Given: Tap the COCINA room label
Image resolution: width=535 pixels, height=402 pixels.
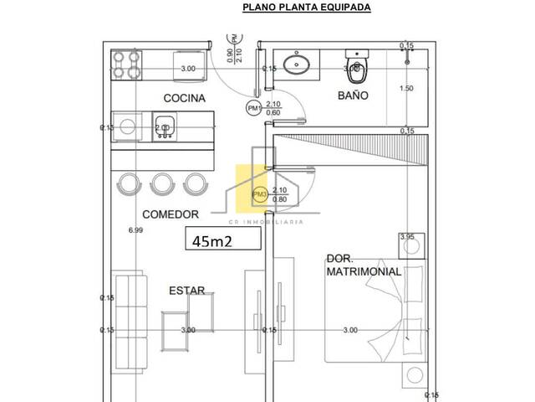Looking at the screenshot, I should click(x=184, y=98).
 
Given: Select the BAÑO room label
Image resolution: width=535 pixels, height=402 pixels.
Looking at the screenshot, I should click(x=354, y=95).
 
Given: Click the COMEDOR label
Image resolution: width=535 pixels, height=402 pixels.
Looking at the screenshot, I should click(x=170, y=214).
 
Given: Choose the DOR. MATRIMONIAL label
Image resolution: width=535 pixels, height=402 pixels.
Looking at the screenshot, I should click(x=364, y=265).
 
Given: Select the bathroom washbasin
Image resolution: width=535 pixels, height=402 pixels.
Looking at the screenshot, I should click(x=295, y=64).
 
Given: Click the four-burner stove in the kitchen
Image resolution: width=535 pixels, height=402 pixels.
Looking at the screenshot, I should click(x=128, y=63).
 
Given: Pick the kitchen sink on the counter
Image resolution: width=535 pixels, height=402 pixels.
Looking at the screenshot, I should click(x=163, y=128).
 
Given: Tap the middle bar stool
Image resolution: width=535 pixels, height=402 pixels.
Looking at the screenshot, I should click(x=162, y=183).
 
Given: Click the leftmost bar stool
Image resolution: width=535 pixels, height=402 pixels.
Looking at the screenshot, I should click(x=130, y=183).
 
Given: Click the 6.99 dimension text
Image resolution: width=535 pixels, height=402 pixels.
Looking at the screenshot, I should click(x=135, y=229).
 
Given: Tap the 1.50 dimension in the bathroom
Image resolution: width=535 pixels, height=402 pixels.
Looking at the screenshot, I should click(x=406, y=89).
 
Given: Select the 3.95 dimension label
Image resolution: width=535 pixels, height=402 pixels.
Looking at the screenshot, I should click(x=407, y=238).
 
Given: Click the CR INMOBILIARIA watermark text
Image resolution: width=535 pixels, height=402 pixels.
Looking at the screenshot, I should click(x=266, y=222).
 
